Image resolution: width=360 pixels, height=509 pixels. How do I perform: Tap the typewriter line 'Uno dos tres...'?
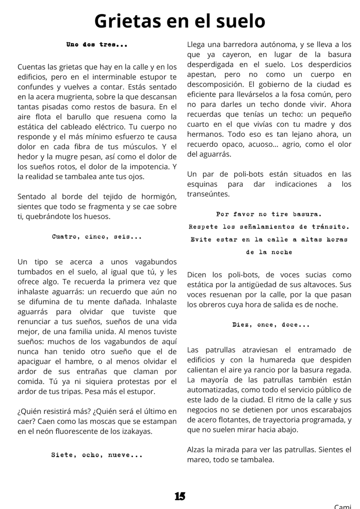click(x=97, y=44)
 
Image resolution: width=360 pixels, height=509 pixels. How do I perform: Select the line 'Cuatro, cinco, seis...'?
click(x=97, y=237)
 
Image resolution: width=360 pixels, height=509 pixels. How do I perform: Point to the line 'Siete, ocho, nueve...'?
click(x=97, y=455)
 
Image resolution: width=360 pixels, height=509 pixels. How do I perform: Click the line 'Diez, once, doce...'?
click(x=271, y=325)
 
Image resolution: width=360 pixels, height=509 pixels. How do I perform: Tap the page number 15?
click(x=180, y=496)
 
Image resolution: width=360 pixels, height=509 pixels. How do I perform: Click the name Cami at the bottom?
click(x=342, y=506)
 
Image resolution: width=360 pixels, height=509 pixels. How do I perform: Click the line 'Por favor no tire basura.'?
click(x=269, y=214)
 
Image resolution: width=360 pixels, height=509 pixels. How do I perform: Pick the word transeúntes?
click(x=208, y=194)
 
